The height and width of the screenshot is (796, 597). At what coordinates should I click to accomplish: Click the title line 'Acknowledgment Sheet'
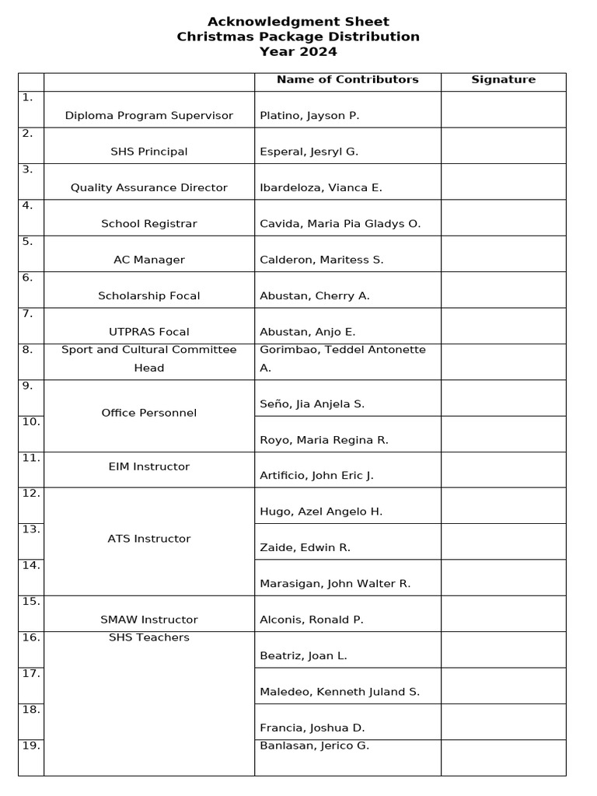tap(298, 22)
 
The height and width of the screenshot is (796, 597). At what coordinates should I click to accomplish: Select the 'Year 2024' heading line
tap(298, 52)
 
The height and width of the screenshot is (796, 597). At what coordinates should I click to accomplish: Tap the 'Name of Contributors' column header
tap(347, 79)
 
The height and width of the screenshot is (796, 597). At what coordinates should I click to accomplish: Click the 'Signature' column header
tap(503, 79)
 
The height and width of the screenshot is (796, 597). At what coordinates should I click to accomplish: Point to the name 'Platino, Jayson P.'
tap(309, 116)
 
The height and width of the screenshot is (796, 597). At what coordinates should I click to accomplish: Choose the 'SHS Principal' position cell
tap(149, 152)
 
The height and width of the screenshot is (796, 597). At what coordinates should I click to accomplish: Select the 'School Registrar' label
tap(149, 224)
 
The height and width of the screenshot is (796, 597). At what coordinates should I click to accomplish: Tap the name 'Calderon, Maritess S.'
tap(322, 260)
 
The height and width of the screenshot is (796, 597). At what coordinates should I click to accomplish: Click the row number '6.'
tap(28, 278)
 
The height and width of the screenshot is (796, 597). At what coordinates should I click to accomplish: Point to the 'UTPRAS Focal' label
tap(149, 332)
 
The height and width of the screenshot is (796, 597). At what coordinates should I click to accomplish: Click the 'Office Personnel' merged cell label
tap(149, 413)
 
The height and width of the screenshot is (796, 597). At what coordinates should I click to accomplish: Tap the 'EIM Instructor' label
tap(149, 466)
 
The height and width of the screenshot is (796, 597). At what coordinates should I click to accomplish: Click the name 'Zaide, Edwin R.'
tap(305, 548)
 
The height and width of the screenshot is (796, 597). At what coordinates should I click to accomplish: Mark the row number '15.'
tap(31, 601)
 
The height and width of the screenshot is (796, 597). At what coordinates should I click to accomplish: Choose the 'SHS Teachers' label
tap(149, 637)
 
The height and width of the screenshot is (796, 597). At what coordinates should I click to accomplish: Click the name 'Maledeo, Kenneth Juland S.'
tap(340, 692)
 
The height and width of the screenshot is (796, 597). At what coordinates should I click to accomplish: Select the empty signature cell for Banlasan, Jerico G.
tap(503, 757)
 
